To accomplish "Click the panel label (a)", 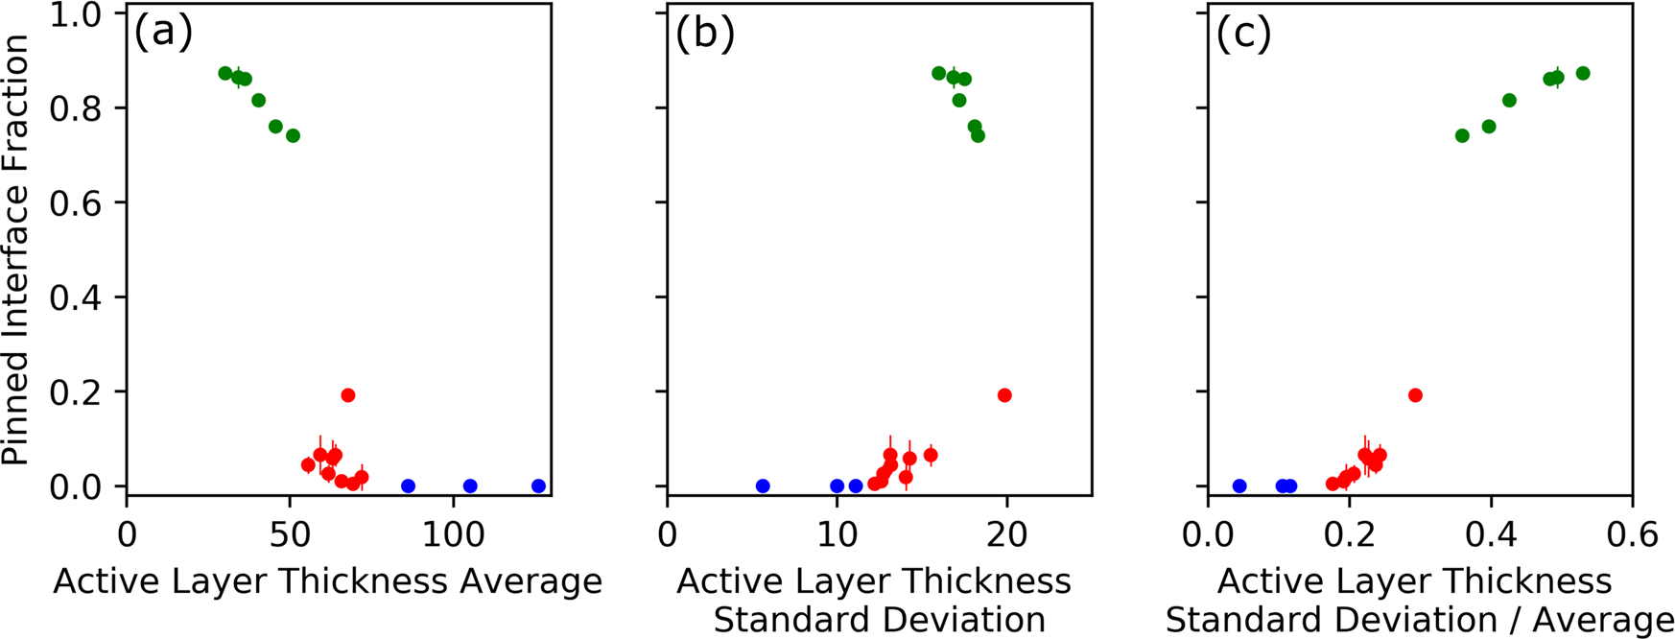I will tap(163, 34).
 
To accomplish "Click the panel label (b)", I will tap(704, 34).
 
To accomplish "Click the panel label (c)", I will tap(1244, 34).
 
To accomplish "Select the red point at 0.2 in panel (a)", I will tap(348, 395).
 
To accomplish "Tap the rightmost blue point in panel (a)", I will tap(538, 486).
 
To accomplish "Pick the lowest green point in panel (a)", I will tap(293, 135).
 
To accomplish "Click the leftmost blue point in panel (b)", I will tap(763, 486).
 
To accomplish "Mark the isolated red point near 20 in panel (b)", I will tap(1004, 395).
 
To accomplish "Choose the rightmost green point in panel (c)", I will tap(1583, 73).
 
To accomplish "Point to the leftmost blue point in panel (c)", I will tap(1239, 486).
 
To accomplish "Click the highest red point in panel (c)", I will tap(1415, 395).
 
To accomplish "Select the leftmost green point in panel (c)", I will tap(1462, 135).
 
